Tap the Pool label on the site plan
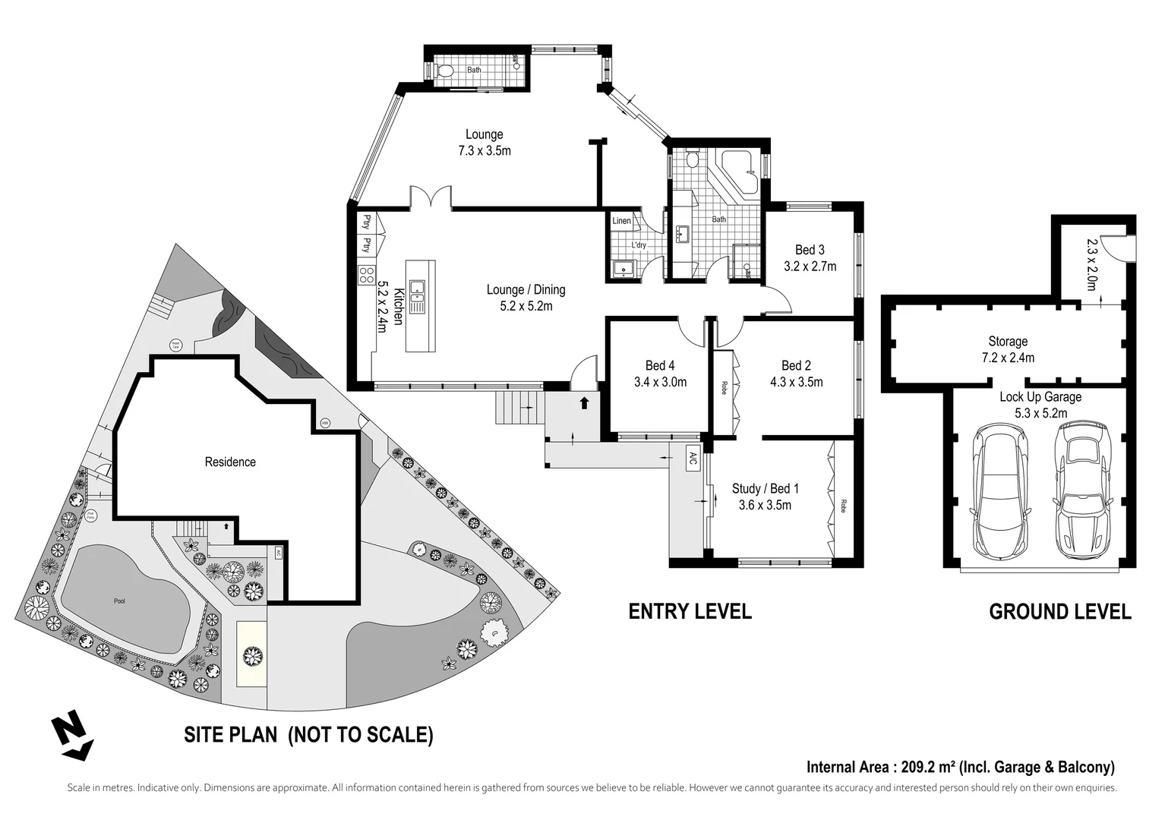click(x=119, y=601)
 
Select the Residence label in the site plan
click(x=230, y=462)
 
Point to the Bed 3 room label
click(x=810, y=250)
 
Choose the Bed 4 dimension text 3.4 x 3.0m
click(x=660, y=383)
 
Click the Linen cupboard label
click(x=621, y=221)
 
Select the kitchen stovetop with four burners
click(x=366, y=274)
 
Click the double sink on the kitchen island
click(x=417, y=297)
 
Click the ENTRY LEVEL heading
click(x=690, y=611)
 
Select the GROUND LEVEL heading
click(x=1059, y=611)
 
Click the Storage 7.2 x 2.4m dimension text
click(x=1008, y=358)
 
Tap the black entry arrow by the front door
click(x=584, y=402)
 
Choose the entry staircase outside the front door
click(x=520, y=408)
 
